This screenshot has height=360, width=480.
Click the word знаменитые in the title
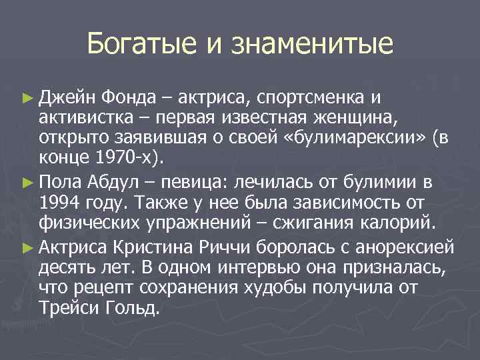(x=313, y=45)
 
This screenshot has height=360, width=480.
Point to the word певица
(x=182, y=180)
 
